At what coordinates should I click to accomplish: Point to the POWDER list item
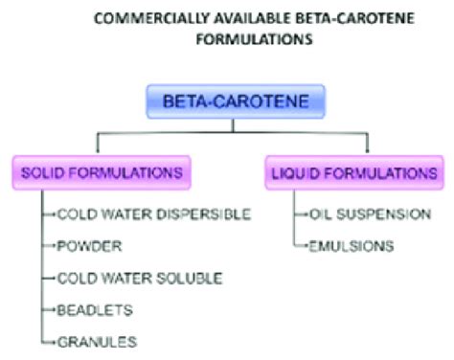[x=89, y=246]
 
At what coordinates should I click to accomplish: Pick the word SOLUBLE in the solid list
[x=189, y=278]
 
